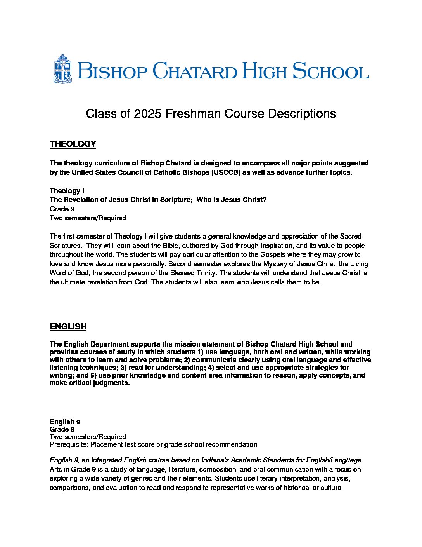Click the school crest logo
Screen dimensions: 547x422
point(62,69)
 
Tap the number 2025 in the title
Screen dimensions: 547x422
point(147,114)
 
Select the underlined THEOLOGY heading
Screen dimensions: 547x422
point(73,144)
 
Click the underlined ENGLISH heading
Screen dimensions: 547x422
point(68,327)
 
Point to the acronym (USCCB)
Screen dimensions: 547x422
point(226,172)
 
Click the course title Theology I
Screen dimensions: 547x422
point(67,191)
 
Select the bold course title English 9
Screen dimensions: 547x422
point(65,422)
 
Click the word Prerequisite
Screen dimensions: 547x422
point(69,444)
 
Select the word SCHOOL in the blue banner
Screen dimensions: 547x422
point(330,71)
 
